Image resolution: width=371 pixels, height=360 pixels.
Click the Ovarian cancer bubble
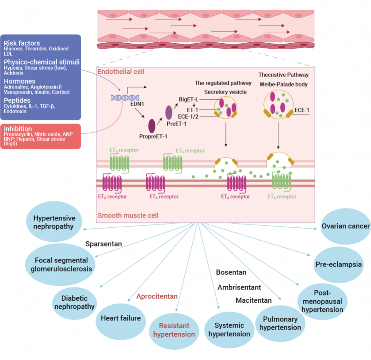point(345,226)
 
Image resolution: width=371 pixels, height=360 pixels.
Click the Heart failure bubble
point(120,318)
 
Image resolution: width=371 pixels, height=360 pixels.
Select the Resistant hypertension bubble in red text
point(174,330)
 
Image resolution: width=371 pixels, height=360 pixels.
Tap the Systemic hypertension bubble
point(229,330)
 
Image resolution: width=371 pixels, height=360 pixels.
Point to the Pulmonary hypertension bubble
point(279,323)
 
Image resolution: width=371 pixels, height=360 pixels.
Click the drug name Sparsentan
point(103,244)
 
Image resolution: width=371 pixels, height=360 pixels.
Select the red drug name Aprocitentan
point(157,296)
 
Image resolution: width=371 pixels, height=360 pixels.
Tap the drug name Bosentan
point(231,272)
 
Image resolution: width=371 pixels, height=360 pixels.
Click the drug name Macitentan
point(254,300)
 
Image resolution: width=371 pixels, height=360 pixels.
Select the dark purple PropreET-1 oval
point(152,125)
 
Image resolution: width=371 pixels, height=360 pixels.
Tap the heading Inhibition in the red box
point(18,129)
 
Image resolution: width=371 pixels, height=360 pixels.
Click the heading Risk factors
point(22,43)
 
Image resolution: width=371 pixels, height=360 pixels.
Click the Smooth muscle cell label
point(128,215)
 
